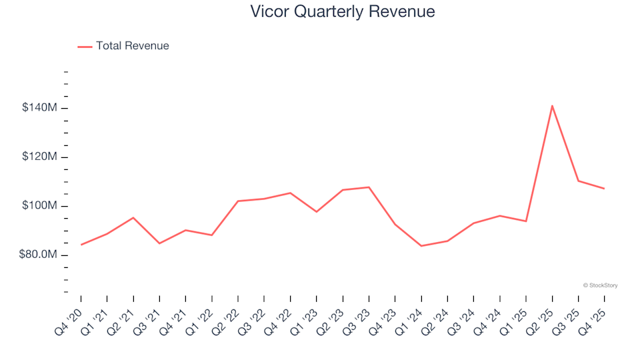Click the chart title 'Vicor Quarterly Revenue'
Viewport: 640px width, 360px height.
point(343,11)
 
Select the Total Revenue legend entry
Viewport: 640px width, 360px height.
point(123,46)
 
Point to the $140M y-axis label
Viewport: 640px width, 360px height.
point(39,107)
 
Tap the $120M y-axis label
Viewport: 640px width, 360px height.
point(39,156)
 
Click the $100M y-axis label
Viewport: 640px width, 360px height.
point(39,205)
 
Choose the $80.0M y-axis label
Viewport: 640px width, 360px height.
point(38,254)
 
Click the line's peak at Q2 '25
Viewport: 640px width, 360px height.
point(552,106)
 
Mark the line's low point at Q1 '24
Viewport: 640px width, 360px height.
point(421,246)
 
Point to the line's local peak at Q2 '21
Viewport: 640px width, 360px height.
point(133,217)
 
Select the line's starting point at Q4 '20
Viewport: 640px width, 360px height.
point(81,245)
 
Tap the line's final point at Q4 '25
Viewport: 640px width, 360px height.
point(604,189)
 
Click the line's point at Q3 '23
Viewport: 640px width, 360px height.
point(369,187)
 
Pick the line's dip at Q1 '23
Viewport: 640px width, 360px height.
point(316,211)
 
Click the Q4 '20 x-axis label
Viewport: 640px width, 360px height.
point(69,323)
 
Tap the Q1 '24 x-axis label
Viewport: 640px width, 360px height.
point(409,323)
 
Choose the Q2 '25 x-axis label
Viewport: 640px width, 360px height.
point(540,323)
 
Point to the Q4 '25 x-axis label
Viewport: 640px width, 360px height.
point(592,323)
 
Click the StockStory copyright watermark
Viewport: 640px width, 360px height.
point(601,285)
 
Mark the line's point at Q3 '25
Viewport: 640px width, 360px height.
point(579,181)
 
